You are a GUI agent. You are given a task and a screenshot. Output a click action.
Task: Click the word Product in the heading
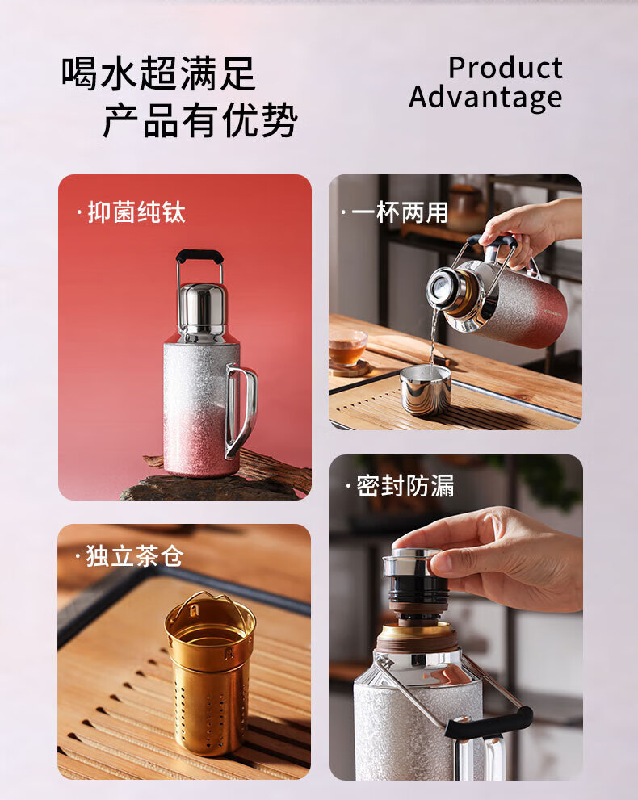pyautogui.click(x=506, y=68)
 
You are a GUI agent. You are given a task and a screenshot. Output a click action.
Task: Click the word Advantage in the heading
pyautogui.click(x=485, y=97)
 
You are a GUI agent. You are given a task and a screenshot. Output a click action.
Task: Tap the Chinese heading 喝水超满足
pyautogui.click(x=158, y=74)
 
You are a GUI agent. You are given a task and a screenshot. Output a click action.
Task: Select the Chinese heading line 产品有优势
pyautogui.click(x=200, y=120)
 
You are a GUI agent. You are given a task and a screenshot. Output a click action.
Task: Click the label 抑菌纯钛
pyautogui.click(x=136, y=212)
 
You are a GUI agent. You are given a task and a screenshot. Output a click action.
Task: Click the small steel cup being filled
pyautogui.click(x=425, y=390)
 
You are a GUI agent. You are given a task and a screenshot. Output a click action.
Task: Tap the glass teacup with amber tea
pyautogui.click(x=347, y=347)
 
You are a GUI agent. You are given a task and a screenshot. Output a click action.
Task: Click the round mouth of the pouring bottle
pyautogui.click(x=439, y=289)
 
